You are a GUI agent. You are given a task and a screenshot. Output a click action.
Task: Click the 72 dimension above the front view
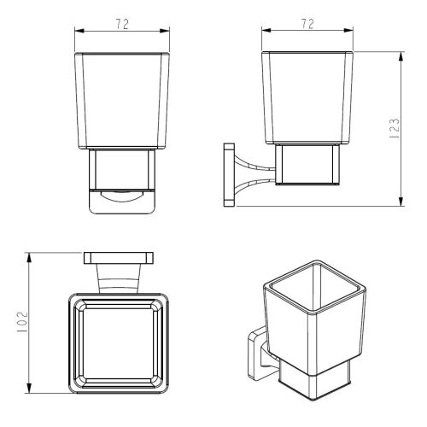pos(122,24)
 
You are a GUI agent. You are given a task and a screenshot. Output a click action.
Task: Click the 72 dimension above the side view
pos(307,24)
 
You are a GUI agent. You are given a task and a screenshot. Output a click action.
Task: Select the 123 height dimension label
pos(395,128)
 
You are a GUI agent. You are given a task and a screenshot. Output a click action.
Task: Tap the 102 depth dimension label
pos(22,322)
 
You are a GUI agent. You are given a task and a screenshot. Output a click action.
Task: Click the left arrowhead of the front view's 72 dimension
pos(79,31)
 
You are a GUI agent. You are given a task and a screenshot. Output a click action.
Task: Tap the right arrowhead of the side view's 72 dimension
pos(348,30)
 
